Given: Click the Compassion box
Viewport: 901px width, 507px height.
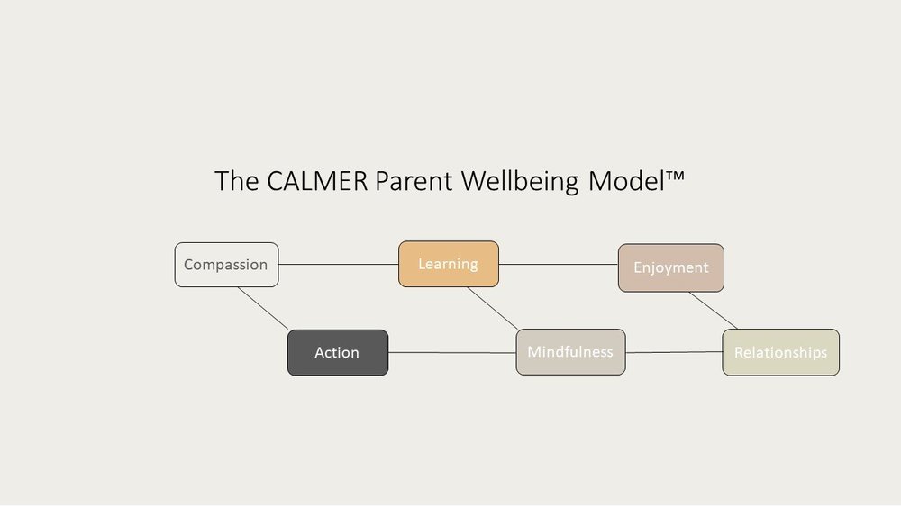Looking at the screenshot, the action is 226,265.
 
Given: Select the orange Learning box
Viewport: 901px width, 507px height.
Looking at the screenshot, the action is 448,264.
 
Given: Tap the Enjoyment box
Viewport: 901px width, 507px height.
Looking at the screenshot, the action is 670,267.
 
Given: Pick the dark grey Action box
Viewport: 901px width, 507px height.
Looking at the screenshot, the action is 337,352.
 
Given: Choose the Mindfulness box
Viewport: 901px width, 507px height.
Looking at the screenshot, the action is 570,351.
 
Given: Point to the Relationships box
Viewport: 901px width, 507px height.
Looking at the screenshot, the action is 780,352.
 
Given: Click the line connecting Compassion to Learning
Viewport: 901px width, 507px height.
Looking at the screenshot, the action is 339,265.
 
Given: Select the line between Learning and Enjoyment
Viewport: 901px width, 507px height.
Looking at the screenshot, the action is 559,265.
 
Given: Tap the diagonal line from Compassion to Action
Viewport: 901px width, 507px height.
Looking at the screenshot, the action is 263,308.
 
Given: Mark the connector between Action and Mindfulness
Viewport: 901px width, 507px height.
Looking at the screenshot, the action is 452,352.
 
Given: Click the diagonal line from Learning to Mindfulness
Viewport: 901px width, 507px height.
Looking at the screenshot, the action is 492,308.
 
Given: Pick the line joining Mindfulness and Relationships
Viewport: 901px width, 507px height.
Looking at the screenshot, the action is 674,352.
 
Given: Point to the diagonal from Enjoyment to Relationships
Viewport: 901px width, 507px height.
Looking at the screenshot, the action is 713,310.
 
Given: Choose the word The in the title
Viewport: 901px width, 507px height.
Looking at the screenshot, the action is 236,181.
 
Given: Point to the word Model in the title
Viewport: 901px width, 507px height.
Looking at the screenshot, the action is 620,181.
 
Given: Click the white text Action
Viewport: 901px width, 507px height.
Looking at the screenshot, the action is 337,353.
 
